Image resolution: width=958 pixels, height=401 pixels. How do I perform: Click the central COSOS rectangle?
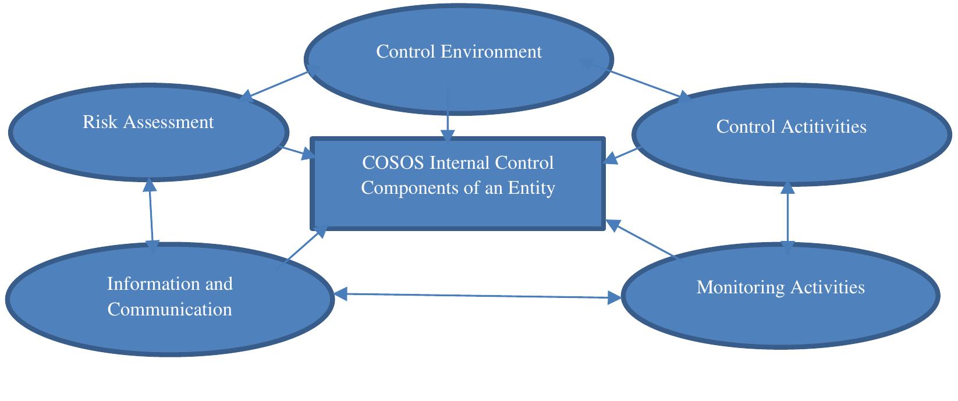point(458,210)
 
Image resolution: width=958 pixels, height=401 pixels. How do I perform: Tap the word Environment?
point(491,51)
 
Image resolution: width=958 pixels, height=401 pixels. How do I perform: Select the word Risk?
point(97,122)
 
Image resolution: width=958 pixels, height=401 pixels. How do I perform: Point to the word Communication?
point(169,309)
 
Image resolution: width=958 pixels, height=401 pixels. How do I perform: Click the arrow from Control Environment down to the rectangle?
point(447,114)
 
